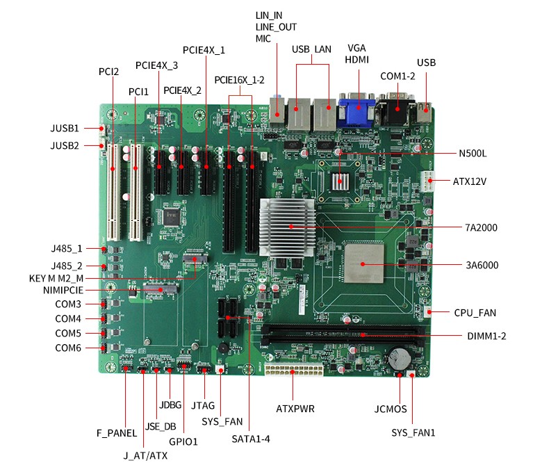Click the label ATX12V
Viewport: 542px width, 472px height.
point(470,181)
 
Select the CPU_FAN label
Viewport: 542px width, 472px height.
point(475,313)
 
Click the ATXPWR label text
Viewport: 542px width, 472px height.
point(295,409)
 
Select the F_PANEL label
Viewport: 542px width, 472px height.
point(117,433)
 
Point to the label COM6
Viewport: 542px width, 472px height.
point(68,348)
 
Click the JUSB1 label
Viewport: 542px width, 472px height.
point(65,129)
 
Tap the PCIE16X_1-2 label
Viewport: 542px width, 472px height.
point(239,80)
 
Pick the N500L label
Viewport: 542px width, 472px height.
point(473,153)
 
